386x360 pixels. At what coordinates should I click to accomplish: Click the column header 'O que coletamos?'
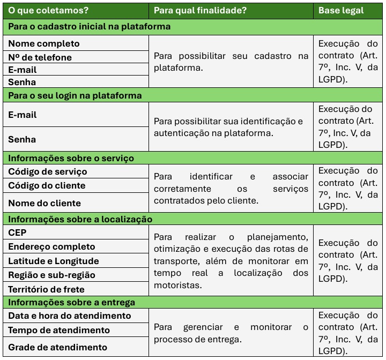[48, 10]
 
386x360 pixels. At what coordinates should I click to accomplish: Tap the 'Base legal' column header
[341, 10]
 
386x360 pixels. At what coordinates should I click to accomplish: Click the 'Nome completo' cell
[44, 43]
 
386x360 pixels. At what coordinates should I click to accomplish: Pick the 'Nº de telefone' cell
[40, 57]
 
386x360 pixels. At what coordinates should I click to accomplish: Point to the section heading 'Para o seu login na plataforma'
[75, 95]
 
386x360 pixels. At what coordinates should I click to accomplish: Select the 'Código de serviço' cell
[48, 171]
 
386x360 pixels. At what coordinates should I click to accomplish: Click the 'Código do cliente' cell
[47, 185]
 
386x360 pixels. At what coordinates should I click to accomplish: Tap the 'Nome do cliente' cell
[44, 203]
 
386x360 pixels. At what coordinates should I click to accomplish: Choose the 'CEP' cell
[17, 232]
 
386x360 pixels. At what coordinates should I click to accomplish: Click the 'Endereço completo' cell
[51, 246]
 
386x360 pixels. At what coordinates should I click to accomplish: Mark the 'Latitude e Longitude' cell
[54, 261]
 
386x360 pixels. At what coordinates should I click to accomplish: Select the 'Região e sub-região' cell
[51, 275]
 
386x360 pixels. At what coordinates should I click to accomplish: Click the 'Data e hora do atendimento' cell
[70, 316]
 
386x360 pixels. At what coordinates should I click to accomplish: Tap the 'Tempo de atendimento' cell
[59, 330]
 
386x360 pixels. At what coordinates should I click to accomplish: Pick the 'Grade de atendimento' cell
[57, 347]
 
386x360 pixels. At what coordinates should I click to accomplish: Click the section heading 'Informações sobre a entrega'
[71, 303]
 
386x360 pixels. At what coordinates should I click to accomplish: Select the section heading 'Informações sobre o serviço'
[71, 158]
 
